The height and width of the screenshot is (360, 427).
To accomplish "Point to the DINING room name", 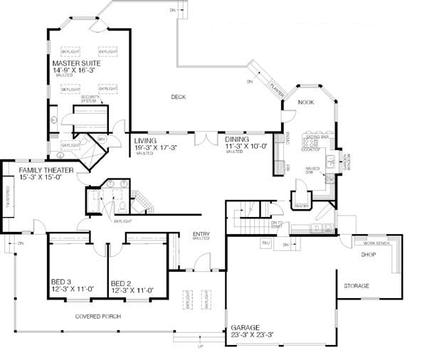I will pyautogui.click(x=238, y=141).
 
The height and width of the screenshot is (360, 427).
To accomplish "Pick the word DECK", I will pyautogui.click(x=179, y=97).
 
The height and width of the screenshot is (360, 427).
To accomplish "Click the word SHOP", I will pyautogui.click(x=368, y=254).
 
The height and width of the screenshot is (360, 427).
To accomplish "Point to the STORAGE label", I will pyautogui.click(x=357, y=285).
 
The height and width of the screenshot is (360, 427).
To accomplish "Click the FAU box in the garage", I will pyautogui.click(x=265, y=243).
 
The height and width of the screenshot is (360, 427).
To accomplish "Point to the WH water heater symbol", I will pyautogui.click(x=101, y=139).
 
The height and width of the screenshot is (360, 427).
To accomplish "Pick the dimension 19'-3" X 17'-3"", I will pyautogui.click(x=155, y=147).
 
